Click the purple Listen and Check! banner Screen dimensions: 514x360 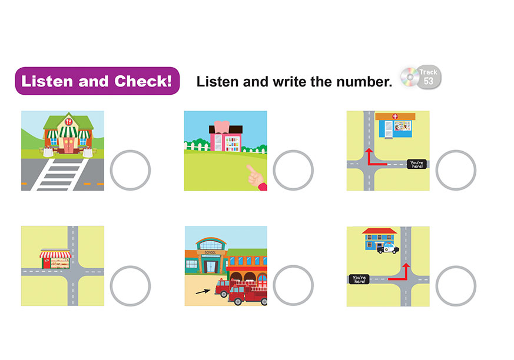pyautogui.click(x=97, y=81)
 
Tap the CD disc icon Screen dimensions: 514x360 pyautogui.click(x=410, y=77)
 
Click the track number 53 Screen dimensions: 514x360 pyautogui.click(x=429, y=81)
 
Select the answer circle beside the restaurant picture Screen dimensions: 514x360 pyautogui.click(x=130, y=170)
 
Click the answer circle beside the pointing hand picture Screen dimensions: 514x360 pyautogui.click(x=293, y=170)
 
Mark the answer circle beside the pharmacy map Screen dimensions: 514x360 pyautogui.click(x=456, y=170)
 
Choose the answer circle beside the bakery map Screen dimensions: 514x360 pyautogui.click(x=130, y=286)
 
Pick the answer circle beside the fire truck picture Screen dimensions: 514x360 pyautogui.click(x=293, y=285)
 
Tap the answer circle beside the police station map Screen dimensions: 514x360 pyautogui.click(x=456, y=286)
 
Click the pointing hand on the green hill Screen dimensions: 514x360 pyautogui.click(x=257, y=178)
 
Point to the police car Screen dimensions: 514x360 pyautogui.click(x=388, y=248)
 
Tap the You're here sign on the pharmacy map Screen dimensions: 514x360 pyautogui.click(x=417, y=164)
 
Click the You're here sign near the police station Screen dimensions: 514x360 pyautogui.click(x=359, y=279)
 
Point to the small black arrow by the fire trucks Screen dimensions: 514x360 pyautogui.click(x=203, y=292)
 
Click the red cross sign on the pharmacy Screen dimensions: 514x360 pyautogui.click(x=395, y=116)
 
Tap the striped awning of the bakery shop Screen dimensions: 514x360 pyautogui.click(x=55, y=254)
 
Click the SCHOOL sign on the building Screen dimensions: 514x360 pyautogui.click(x=210, y=252)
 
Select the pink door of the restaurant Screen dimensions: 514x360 pyautogui.click(x=68, y=145)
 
